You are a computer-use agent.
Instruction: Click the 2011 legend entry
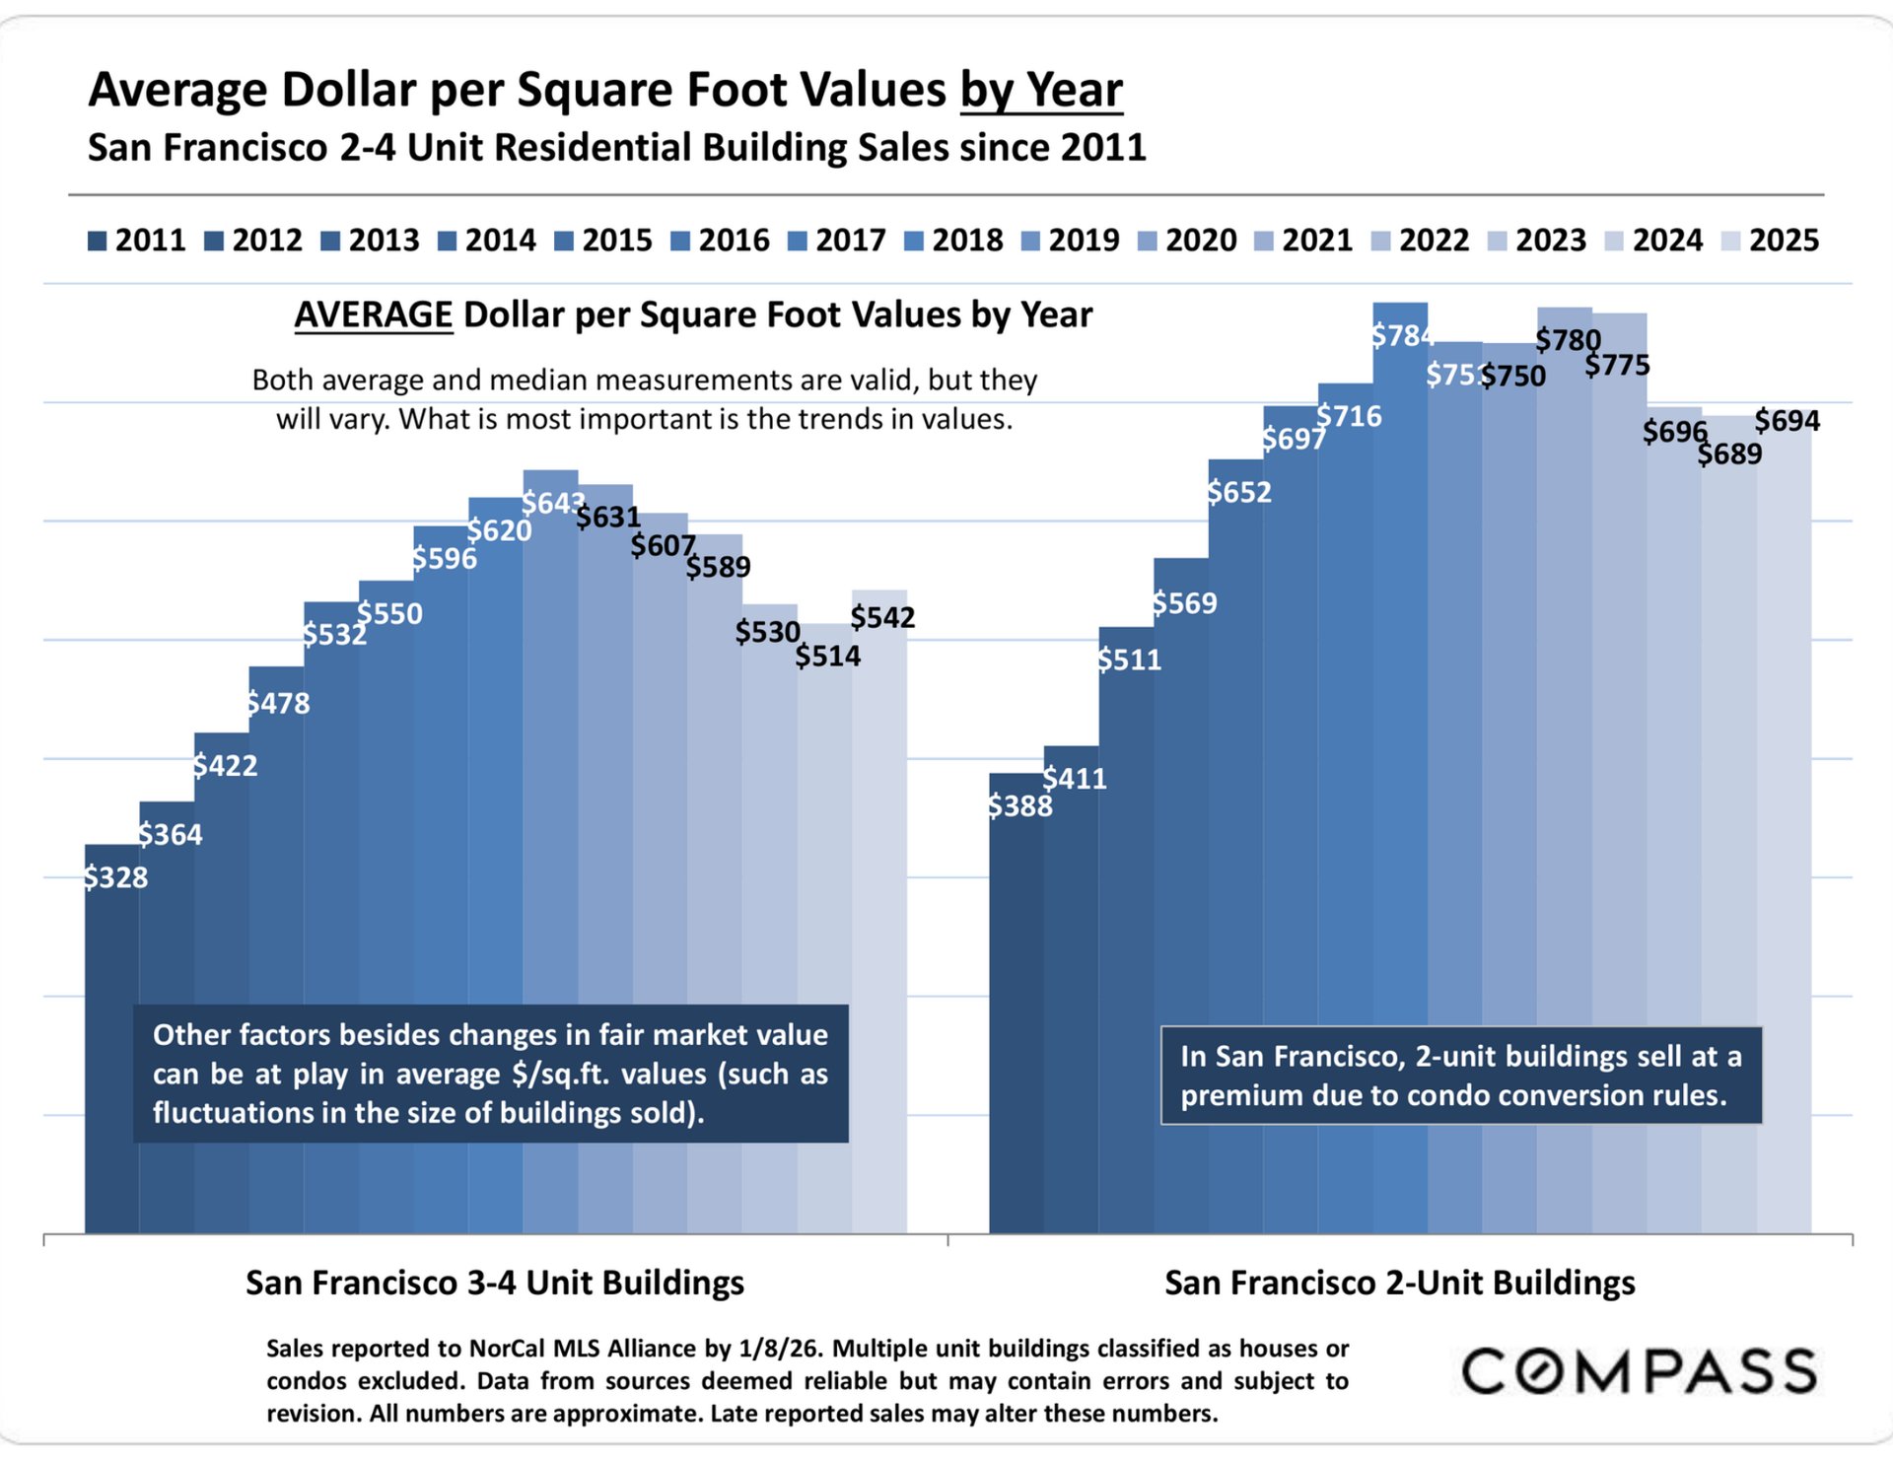pos(137,241)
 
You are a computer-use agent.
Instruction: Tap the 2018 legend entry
pos(953,241)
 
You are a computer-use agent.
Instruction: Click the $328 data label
pos(115,877)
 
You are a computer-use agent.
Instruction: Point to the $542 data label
pos(882,618)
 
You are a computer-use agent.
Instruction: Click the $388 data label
pos(1020,806)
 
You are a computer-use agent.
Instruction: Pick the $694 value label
pos(1787,421)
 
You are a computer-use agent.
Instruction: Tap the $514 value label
pos(827,657)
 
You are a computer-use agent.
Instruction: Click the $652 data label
pos(1239,492)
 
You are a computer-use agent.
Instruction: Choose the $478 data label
pos(278,704)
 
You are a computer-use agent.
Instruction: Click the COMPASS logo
pos(1639,1371)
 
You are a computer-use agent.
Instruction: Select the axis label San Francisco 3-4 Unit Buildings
pos(495,1283)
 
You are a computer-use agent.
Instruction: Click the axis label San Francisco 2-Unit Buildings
pos(1399,1283)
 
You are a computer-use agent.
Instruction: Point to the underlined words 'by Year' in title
pos(1041,91)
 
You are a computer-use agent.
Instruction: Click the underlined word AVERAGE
pos(374,315)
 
